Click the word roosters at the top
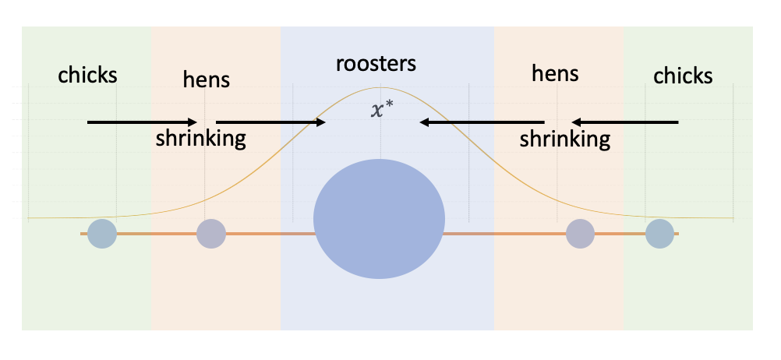point(376,64)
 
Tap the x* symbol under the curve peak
point(380,110)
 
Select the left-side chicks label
point(88,75)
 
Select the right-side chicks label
point(683,76)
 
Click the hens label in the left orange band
point(206,79)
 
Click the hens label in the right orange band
point(554,74)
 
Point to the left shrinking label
point(200,139)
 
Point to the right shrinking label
point(565,139)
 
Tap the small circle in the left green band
point(101,233)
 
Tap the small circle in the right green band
point(659,233)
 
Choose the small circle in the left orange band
point(211,233)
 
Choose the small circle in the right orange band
point(580,233)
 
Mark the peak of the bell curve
point(380,88)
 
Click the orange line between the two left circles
point(156,233)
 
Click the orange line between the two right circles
point(620,233)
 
